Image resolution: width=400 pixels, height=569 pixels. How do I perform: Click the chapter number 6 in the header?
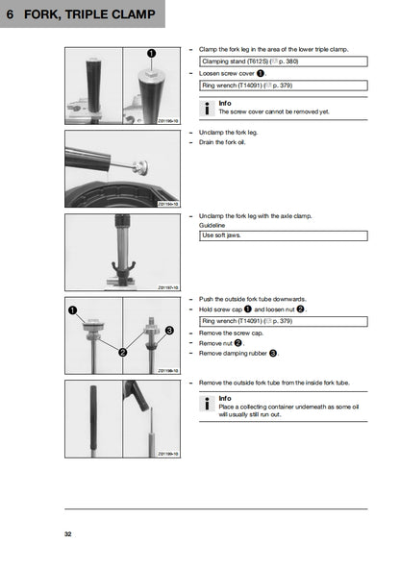click(x=9, y=15)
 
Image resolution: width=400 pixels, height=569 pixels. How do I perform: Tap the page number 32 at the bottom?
click(x=68, y=533)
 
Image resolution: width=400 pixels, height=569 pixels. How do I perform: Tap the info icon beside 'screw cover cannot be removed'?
click(x=208, y=108)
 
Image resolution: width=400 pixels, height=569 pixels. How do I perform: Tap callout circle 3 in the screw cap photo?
click(x=169, y=331)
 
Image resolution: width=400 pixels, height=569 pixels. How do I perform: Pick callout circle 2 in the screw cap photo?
click(x=122, y=353)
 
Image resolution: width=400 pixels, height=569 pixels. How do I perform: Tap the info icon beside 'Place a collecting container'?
click(x=208, y=404)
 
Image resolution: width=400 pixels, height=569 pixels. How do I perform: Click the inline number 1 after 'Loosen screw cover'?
click(x=259, y=72)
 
